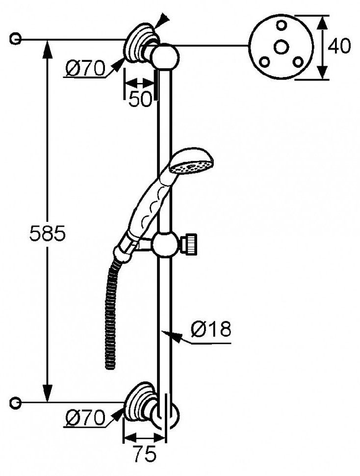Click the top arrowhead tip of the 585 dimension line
tap(47, 40)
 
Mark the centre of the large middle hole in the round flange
tap(281, 47)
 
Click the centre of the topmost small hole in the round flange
tap(282, 25)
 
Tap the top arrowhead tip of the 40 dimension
tap(322, 16)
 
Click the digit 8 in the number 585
tap(47, 234)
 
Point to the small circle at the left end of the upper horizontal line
tap(16, 39)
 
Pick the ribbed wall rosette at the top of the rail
tap(142, 43)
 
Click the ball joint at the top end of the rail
tap(165, 56)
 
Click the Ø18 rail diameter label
tap(211, 329)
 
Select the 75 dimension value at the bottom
tap(145, 454)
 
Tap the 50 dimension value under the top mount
tap(140, 99)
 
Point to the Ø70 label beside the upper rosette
tap(85, 68)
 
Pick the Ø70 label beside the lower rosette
tap(85, 418)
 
